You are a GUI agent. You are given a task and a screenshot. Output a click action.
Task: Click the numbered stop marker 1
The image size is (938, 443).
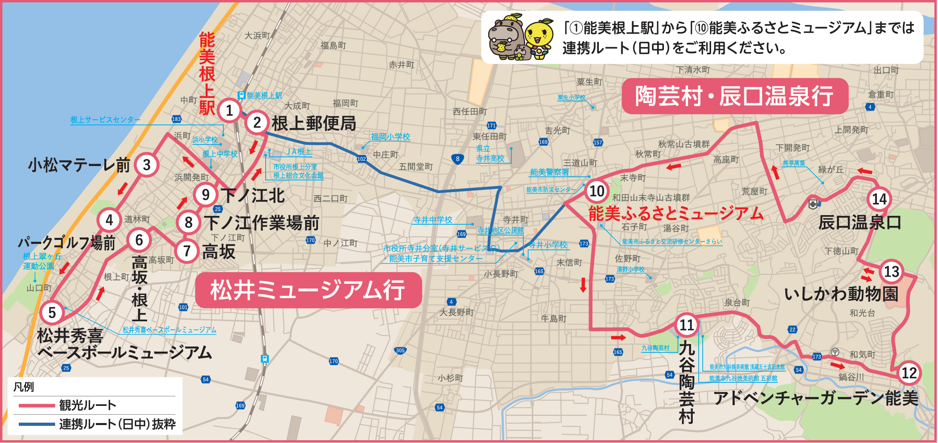(x=229, y=110)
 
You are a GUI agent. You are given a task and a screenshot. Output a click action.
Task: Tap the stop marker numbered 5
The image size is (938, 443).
(x=52, y=312)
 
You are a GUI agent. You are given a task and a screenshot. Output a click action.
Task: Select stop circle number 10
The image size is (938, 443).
(x=597, y=191)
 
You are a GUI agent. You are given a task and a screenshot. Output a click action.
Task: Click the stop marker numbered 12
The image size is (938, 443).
(x=909, y=373)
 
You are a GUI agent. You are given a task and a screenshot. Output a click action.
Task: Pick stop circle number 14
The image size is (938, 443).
(x=879, y=199)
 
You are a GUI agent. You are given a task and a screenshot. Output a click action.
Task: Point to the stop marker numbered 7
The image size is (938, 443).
(x=187, y=251)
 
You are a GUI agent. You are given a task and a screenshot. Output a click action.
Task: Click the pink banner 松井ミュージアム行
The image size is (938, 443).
(x=308, y=290)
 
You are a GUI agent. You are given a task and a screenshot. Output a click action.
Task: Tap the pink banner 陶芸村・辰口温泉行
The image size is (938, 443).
(x=734, y=96)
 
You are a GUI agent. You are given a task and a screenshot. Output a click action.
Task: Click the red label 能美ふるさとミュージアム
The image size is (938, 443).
(x=676, y=214)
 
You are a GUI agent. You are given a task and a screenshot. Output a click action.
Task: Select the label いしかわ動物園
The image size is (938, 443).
(x=841, y=294)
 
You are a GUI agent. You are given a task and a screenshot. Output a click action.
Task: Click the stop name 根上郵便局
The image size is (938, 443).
(x=314, y=123)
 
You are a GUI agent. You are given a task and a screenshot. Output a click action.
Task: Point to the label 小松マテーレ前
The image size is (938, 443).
(x=79, y=165)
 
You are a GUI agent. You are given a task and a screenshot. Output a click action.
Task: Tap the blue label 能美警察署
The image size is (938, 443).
(x=549, y=172)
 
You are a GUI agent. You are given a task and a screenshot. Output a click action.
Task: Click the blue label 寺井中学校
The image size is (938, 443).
(x=433, y=220)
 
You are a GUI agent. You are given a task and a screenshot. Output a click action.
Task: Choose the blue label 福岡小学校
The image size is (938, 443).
(x=390, y=136)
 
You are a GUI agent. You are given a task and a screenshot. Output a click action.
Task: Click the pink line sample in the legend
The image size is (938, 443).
(x=37, y=405)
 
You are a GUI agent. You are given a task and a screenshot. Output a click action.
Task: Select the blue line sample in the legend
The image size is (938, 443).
(x=37, y=424)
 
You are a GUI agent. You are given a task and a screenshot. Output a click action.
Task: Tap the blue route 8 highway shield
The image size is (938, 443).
(x=458, y=159)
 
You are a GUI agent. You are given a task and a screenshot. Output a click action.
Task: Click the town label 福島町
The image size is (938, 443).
(x=333, y=45)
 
